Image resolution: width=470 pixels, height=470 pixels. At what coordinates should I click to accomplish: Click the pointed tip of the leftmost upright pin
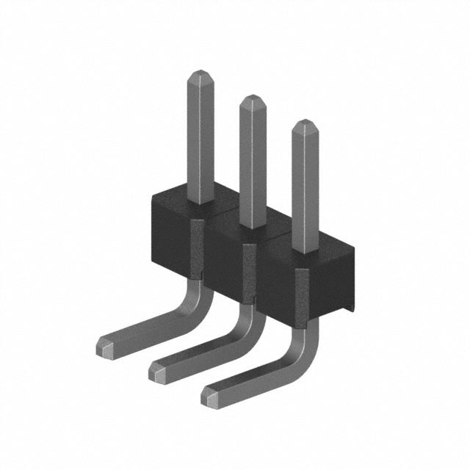pyautogui.click(x=200, y=74)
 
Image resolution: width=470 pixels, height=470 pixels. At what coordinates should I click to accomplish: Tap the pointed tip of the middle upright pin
pyautogui.click(x=252, y=99)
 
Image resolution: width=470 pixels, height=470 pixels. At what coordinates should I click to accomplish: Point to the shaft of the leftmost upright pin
pyautogui.click(x=200, y=140)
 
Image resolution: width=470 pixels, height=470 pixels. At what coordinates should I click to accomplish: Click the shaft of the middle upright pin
pyautogui.click(x=252, y=165)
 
